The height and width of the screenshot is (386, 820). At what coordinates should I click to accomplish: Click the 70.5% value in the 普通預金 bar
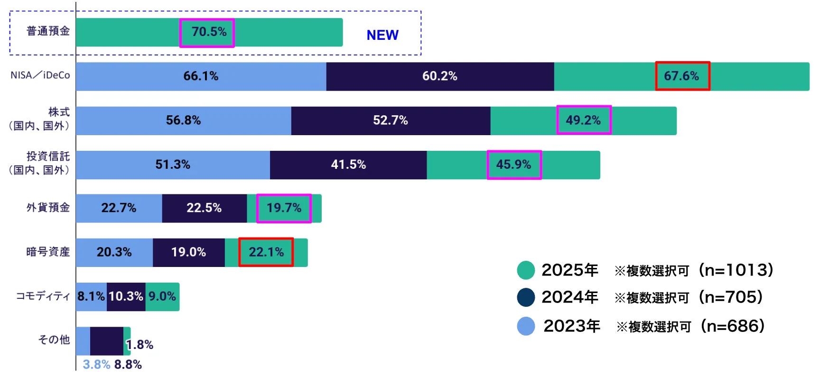pos(209,32)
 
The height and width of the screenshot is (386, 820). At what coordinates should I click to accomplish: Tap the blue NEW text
pos(382,35)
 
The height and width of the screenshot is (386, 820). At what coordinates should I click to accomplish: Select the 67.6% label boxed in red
pos(681,76)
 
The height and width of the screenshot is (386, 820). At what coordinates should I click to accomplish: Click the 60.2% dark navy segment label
pos(439,76)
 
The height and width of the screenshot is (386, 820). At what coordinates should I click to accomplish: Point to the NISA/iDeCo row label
pos(40,75)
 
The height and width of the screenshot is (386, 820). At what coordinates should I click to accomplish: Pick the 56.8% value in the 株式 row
pos(183,120)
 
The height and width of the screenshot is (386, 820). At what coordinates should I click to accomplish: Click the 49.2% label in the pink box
pos(583,120)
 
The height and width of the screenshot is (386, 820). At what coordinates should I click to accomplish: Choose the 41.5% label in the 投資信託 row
pos(348,165)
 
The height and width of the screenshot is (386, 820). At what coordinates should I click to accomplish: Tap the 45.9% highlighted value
pos(513,165)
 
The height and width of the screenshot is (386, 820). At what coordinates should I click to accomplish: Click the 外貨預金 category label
pos(48,207)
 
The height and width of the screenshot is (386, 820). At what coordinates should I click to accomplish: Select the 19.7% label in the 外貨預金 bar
pos(284,208)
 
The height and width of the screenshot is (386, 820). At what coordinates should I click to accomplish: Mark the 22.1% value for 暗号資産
pos(266,252)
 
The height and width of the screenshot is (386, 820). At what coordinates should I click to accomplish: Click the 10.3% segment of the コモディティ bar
pos(126,296)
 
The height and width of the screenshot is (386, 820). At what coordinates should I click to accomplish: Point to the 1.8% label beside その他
pos(140,345)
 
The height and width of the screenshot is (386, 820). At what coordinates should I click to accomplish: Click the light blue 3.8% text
pos(96,364)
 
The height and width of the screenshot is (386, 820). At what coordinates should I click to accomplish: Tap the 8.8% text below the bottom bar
pos(128,364)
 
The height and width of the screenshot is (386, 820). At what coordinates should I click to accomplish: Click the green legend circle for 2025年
pos(526,270)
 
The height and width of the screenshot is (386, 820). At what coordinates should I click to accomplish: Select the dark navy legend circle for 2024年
pos(526,297)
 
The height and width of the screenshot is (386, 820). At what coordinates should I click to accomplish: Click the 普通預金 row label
pos(48,31)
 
